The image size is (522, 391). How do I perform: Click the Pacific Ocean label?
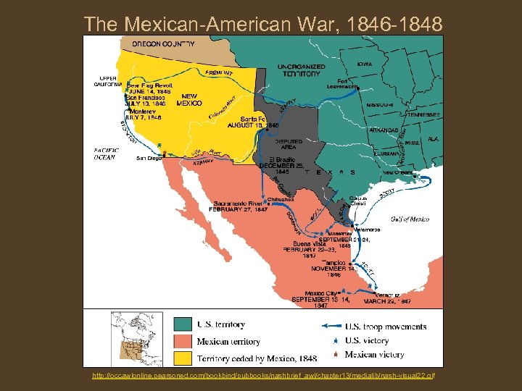(x=105, y=154)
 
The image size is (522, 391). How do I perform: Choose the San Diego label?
(x=149, y=158)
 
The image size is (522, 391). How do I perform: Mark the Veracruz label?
(x=388, y=295)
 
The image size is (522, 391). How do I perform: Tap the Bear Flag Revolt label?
(x=148, y=85)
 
